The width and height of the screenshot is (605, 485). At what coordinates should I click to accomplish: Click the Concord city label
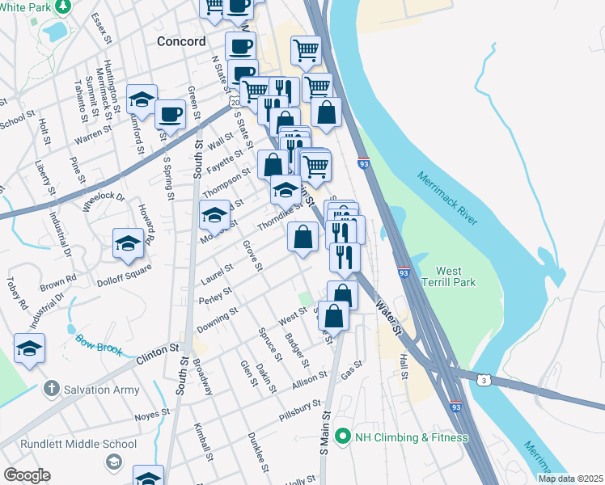pos(181,41)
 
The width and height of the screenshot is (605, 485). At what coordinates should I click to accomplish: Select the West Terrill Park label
pos(455,276)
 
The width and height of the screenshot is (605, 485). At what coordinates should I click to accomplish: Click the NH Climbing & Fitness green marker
pos(343,436)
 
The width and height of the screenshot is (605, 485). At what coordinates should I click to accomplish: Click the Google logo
pos(27,475)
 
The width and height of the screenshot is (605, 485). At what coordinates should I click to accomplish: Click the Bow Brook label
pos(99,344)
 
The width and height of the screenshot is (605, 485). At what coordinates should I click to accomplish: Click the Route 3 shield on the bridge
pos(483,379)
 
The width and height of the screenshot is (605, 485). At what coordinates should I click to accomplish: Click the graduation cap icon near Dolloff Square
pos(128,243)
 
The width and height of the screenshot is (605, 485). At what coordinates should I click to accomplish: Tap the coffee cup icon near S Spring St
pos(170,114)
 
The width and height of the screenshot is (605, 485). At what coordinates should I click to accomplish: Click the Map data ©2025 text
pos(569,479)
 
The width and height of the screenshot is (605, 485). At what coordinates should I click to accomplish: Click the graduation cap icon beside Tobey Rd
pos(29,348)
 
